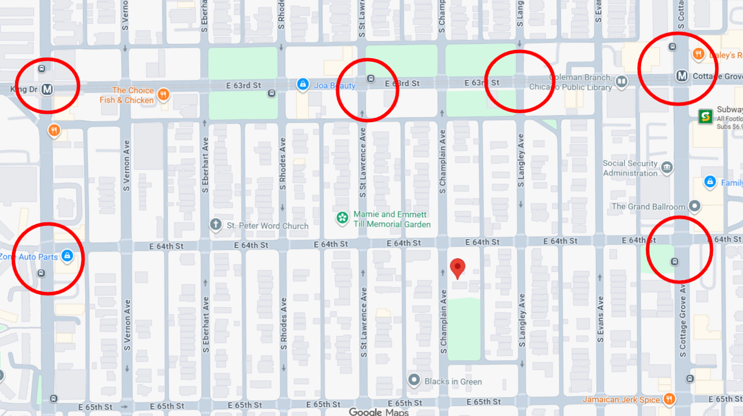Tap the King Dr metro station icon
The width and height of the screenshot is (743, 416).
click(x=47, y=89)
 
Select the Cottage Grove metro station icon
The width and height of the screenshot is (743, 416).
click(x=682, y=76)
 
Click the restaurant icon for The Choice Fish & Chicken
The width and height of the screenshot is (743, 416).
click(x=163, y=94)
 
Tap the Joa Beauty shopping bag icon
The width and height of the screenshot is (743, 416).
click(x=303, y=84)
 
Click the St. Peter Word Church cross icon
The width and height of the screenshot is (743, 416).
click(x=216, y=225)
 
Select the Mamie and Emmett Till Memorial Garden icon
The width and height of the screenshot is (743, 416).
click(x=342, y=218)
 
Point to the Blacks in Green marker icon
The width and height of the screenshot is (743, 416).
click(x=414, y=380)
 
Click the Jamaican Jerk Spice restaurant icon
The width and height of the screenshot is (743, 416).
click(x=669, y=399)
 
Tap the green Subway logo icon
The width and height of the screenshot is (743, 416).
click(x=706, y=116)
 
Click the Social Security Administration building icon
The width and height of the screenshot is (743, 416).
click(x=667, y=168)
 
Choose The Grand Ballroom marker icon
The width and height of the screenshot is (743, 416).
click(x=694, y=206)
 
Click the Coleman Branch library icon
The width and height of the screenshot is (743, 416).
click(x=622, y=81)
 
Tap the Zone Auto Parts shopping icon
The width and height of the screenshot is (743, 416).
click(x=67, y=256)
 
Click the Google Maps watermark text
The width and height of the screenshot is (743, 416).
click(x=379, y=412)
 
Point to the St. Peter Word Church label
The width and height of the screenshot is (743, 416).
click(x=267, y=226)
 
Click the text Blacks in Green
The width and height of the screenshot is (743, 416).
click(x=453, y=381)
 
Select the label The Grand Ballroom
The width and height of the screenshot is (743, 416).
click(x=648, y=207)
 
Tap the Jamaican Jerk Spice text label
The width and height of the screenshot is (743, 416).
click(x=621, y=399)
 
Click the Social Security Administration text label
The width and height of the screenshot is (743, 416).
click(x=630, y=168)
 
